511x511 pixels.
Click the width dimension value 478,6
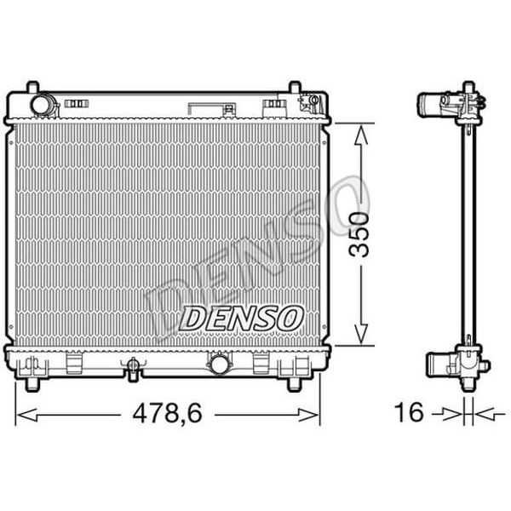point(166,413)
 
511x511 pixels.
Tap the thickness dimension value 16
point(411,413)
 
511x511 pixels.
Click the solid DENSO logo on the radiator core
point(242,318)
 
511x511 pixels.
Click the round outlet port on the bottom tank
point(218,365)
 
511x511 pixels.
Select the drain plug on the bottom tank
point(133,368)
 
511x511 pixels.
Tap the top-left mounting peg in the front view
point(32,88)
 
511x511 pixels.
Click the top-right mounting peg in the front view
point(296,88)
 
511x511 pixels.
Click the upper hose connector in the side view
point(434,105)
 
